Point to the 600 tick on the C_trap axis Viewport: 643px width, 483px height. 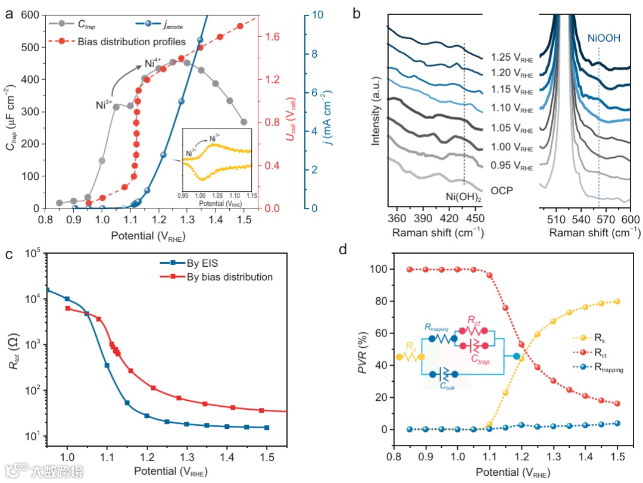[36, 15]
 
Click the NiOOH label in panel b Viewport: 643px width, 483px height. [604, 38]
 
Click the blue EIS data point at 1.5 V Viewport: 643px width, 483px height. [267, 428]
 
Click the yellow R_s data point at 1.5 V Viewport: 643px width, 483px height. [617, 301]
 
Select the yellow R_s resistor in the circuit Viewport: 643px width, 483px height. [410, 357]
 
